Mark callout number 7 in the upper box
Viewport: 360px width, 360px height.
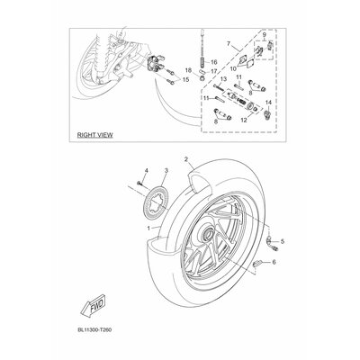point(229,42)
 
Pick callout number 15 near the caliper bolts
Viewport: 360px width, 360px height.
point(185,81)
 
